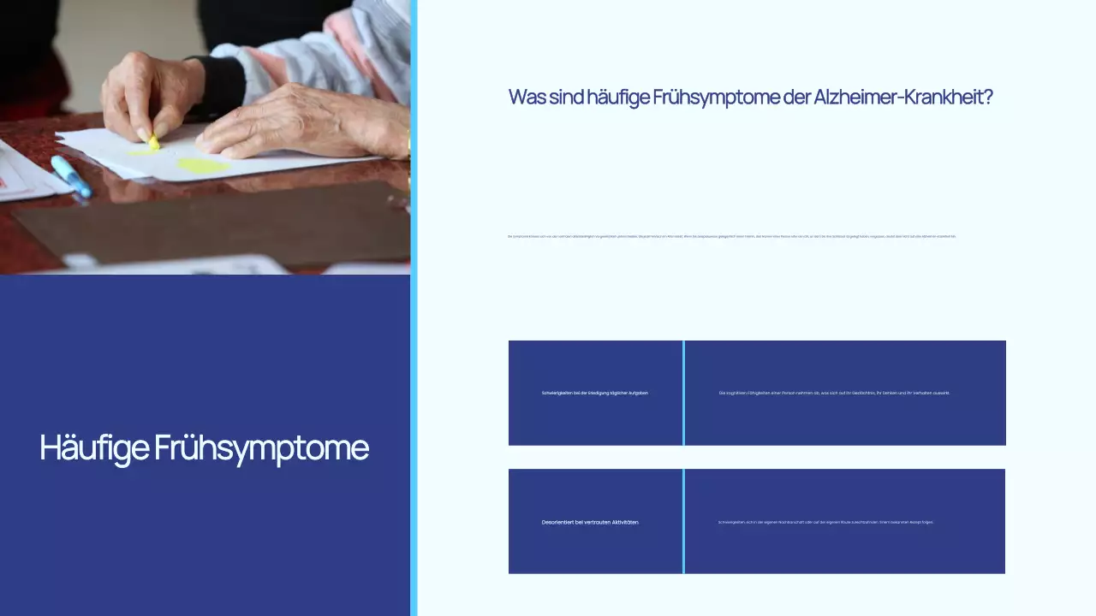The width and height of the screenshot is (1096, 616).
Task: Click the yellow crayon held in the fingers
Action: click(x=153, y=142)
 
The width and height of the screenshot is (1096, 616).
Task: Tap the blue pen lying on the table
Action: click(x=71, y=176)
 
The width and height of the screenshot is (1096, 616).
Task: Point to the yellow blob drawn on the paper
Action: click(x=203, y=166)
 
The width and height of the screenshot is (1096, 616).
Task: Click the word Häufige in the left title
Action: click(x=93, y=448)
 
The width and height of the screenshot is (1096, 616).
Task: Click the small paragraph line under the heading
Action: click(x=732, y=236)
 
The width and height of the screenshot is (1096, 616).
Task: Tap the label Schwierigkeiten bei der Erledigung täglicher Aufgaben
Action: click(x=595, y=393)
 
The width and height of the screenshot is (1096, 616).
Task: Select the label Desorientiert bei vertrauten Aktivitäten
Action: click(x=591, y=522)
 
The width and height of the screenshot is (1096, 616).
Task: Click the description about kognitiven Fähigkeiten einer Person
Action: click(x=834, y=393)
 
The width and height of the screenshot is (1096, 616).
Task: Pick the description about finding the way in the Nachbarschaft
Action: click(x=825, y=522)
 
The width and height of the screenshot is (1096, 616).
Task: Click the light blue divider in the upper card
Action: click(x=683, y=393)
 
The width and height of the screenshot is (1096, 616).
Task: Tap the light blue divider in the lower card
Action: click(x=683, y=521)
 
